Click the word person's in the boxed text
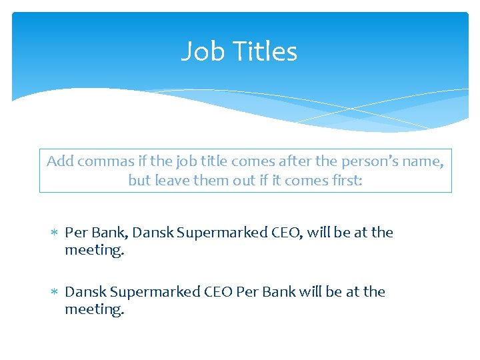378,161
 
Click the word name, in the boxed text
425,161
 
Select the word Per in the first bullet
76,233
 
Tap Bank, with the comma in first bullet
109,233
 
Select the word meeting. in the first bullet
94,251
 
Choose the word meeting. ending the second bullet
94,310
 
